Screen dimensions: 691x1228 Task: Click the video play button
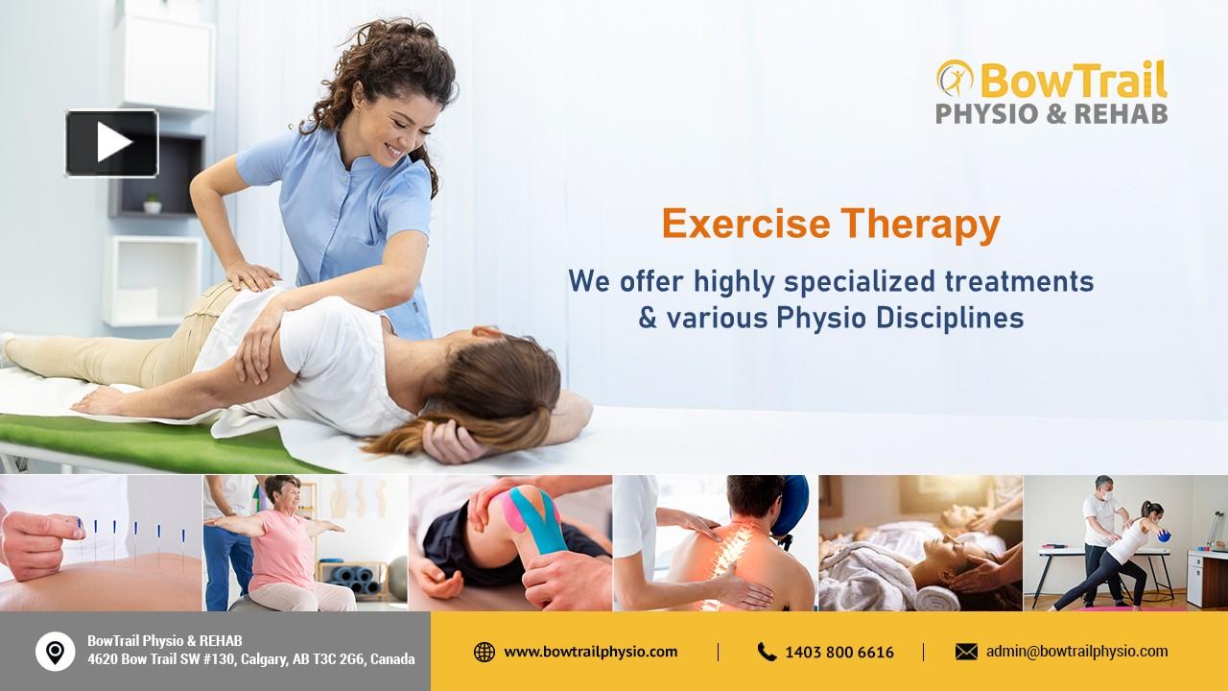click(112, 143)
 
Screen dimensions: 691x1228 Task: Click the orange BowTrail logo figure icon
click(954, 79)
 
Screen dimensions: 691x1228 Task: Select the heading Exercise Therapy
click(830, 225)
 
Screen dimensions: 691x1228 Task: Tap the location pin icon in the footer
click(55, 652)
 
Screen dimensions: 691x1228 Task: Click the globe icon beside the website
click(484, 652)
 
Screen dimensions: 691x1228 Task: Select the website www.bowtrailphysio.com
click(590, 652)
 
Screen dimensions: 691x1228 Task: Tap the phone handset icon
click(767, 652)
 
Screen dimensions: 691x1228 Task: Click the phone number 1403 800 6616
click(838, 653)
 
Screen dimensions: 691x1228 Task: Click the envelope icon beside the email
click(966, 652)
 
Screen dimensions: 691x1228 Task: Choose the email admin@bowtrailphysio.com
click(1076, 652)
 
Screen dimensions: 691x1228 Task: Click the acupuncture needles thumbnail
click(101, 543)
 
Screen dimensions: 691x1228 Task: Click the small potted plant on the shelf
click(152, 203)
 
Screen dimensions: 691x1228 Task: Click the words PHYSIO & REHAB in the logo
click(1051, 113)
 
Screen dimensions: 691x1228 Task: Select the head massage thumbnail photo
click(920, 543)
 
